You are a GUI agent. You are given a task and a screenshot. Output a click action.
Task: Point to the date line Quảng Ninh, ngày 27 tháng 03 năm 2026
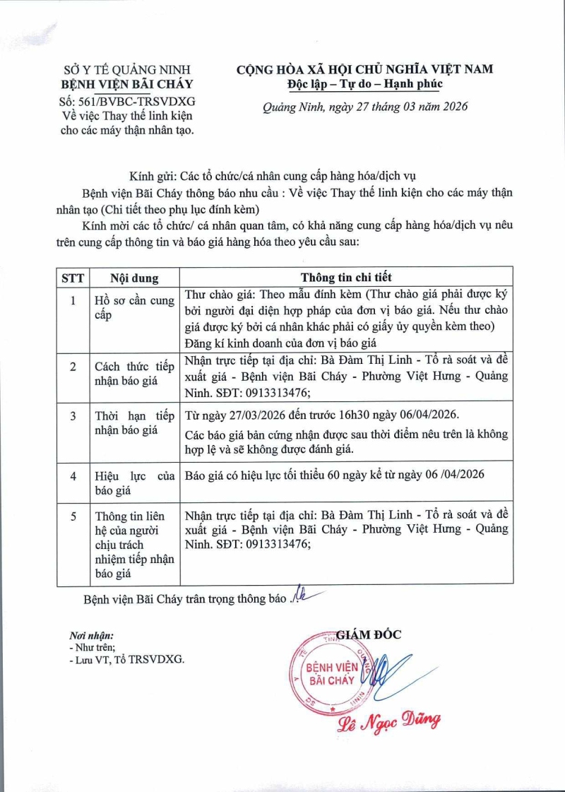pos(364,107)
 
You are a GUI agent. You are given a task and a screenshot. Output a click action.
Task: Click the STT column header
pos(72,278)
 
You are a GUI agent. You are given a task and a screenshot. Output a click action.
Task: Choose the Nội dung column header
pos(134,278)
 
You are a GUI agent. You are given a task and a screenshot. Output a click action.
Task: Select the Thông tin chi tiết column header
pos(346,277)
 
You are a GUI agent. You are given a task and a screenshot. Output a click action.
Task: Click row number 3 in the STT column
pos(73,415)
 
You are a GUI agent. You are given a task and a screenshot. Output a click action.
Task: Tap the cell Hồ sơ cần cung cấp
pos(134,308)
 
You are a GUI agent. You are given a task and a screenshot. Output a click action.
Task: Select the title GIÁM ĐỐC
pos(368,634)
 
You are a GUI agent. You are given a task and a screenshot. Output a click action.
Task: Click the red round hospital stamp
pos(332,676)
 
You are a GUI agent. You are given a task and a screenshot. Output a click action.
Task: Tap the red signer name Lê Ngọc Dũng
pos(390,721)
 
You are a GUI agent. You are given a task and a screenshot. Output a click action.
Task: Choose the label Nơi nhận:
pos(92,635)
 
